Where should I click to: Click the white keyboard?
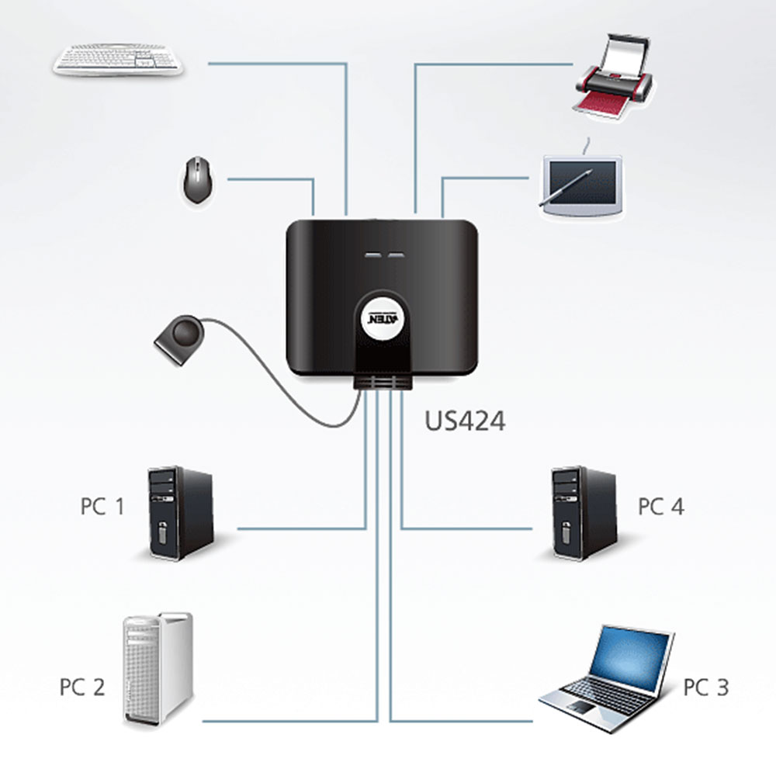118,60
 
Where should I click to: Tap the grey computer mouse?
197,180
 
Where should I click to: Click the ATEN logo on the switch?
383,317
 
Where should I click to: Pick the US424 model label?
465,421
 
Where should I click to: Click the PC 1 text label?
102,506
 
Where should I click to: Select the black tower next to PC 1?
180,513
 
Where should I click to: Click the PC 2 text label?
82,687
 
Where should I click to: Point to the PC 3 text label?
705,687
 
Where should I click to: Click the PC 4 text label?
660,506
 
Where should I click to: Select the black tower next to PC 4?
584,513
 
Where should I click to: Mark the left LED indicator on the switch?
371,255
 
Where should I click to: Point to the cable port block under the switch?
382,382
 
